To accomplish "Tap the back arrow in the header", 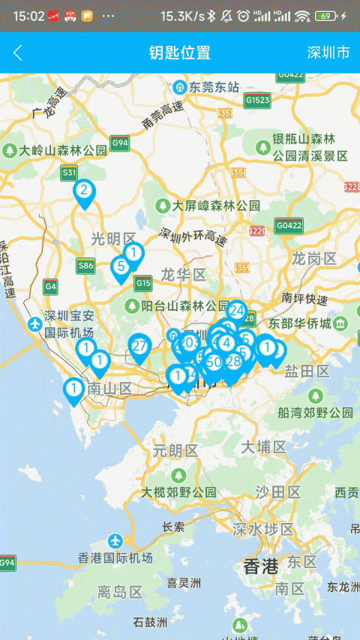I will pyautogui.click(x=18, y=53).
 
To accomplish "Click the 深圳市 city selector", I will pyautogui.click(x=328, y=53).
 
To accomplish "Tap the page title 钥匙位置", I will pyautogui.click(x=180, y=53).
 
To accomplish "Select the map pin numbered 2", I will pyautogui.click(x=84, y=191).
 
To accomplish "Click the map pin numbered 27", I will pyautogui.click(x=139, y=347).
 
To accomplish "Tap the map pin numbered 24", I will pyautogui.click(x=237, y=311).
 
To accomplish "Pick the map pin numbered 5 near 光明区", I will pyautogui.click(x=121, y=266).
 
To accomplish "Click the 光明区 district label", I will pyautogui.click(x=113, y=239).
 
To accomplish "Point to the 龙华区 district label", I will pyautogui.click(x=183, y=275).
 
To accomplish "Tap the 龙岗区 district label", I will pyautogui.click(x=314, y=259).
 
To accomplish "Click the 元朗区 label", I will pyautogui.click(x=175, y=451).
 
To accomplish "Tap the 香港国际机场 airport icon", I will pyautogui.click(x=115, y=540).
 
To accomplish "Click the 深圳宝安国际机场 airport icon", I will pyautogui.click(x=34, y=324).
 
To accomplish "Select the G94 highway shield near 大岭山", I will pyautogui.click(x=119, y=143).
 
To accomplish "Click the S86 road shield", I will pyautogui.click(x=85, y=265).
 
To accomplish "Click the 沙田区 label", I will pyautogui.click(x=277, y=492).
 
